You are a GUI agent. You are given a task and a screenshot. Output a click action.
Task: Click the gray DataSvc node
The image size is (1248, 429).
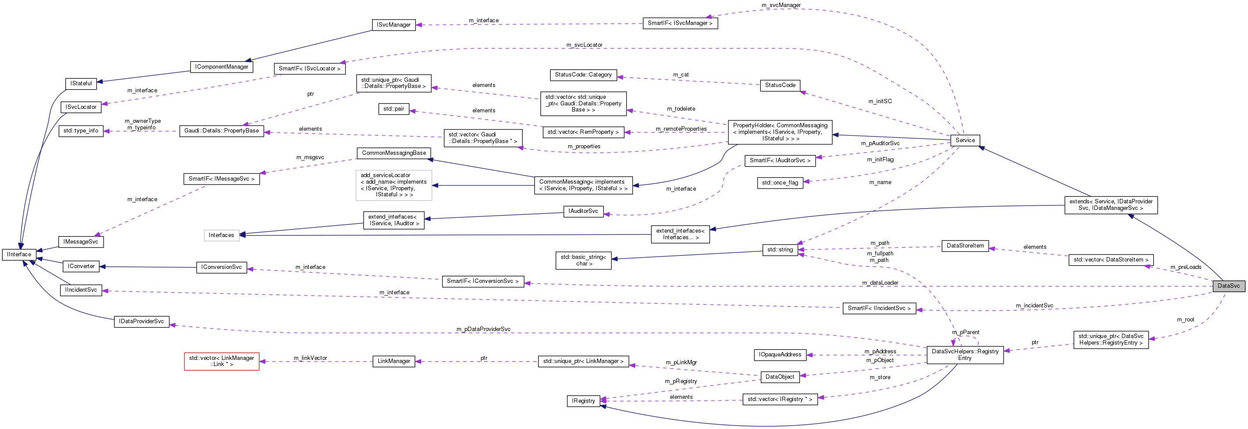coord(1228,286)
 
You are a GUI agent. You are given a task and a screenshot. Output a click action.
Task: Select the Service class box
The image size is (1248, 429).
coord(965,140)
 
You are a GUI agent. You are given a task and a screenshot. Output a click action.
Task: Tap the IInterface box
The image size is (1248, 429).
coord(19,255)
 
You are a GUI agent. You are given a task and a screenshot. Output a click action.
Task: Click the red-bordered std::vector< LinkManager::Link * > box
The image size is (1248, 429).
coord(221,361)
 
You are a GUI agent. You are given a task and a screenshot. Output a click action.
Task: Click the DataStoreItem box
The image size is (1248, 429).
coord(965,246)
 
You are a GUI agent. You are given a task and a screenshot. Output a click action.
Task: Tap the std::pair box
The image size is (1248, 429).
coord(394,109)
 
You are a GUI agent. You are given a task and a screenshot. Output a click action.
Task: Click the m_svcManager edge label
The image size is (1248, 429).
coord(781,5)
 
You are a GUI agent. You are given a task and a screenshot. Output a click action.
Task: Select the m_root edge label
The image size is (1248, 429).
coord(1185,320)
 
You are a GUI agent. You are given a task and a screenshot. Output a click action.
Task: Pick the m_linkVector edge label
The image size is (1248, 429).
coord(310,358)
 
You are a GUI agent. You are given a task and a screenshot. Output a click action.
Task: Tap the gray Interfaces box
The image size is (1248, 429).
coord(221,235)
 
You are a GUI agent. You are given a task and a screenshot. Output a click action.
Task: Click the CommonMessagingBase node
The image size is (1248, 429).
coord(394,153)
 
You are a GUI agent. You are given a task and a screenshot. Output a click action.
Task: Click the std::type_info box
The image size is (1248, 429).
coord(81,131)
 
